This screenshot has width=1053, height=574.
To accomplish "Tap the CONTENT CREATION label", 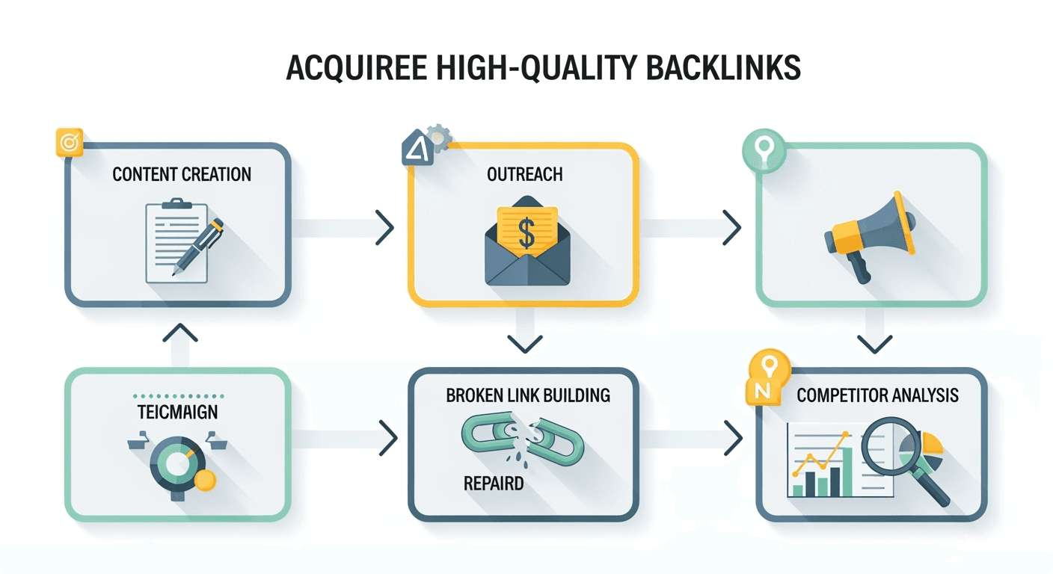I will click(182, 175).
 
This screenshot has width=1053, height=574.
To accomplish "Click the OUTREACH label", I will click(524, 175).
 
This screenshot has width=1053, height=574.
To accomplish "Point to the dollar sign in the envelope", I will click(526, 232).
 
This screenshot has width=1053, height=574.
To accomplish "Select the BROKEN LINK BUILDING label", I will click(528, 395).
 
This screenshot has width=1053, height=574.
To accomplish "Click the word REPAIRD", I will click(493, 483).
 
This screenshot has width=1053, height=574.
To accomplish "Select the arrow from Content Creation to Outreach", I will click(384, 227).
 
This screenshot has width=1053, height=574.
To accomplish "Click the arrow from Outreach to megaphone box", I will click(731, 227).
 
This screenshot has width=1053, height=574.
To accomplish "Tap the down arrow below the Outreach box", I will click(524, 344).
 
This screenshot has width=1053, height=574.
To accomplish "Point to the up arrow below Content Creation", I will click(179, 333).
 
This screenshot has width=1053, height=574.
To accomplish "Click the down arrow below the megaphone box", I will click(874, 344).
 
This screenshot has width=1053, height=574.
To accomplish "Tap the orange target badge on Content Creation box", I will click(68, 141).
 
